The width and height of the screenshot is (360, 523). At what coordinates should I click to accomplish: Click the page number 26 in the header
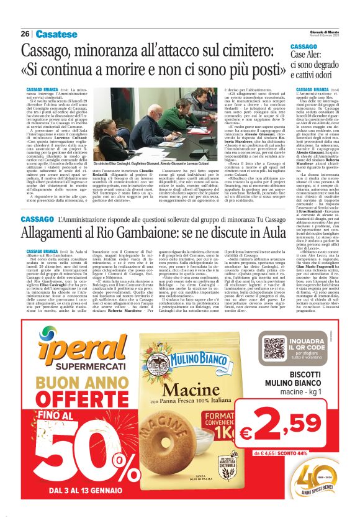(25, 34)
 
